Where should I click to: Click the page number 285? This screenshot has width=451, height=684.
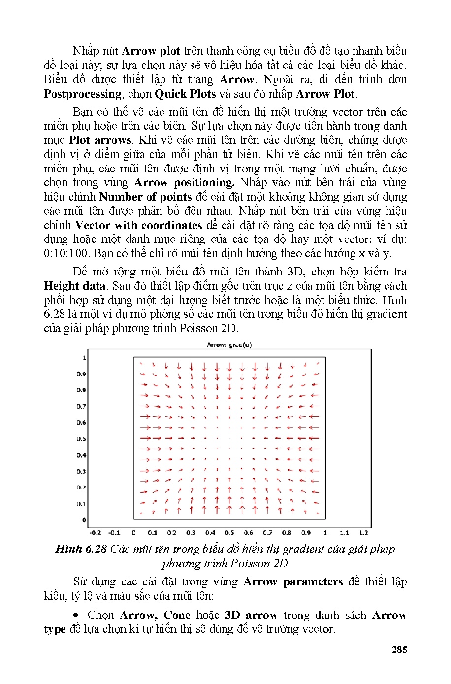click(399, 650)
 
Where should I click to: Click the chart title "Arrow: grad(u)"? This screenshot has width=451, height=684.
click(229, 345)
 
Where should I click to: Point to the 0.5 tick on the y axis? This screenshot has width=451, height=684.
click(81, 439)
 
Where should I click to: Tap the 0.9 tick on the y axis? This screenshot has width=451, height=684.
click(81, 374)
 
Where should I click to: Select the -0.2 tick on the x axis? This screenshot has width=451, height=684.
click(95, 532)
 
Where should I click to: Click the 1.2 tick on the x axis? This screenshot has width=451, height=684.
click(363, 532)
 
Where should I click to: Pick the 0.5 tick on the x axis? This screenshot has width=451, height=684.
click(229, 532)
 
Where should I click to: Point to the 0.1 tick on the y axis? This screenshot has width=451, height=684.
click(81, 504)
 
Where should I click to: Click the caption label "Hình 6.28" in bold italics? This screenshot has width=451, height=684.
click(81, 549)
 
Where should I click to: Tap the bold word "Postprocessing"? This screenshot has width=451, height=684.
click(82, 94)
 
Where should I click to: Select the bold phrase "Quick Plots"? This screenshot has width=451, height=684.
click(185, 94)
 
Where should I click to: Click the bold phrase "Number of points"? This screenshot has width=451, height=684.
click(145, 197)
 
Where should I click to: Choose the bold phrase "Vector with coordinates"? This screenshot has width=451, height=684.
click(138, 225)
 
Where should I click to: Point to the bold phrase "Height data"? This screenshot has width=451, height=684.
click(74, 286)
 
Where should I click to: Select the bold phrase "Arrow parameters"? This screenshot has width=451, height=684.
click(293, 581)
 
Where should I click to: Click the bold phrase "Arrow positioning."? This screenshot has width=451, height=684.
click(184, 182)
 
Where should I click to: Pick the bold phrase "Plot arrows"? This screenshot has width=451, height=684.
click(100, 140)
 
